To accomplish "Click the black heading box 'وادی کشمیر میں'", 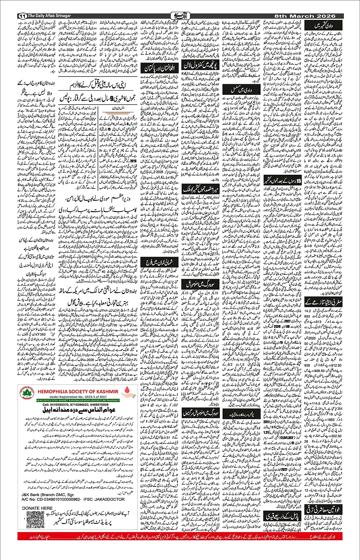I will click(323, 27).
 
